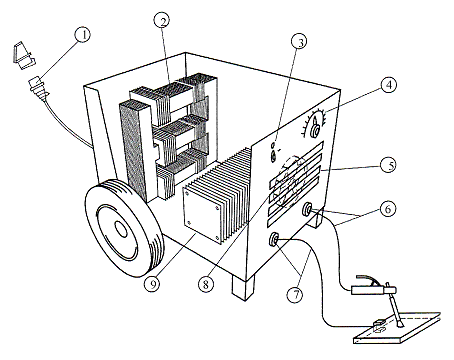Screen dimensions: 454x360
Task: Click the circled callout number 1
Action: (x=83, y=35)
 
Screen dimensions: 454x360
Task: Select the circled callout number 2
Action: (x=162, y=21)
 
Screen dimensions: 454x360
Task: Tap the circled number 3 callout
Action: (x=299, y=42)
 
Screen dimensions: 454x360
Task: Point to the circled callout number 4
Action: (x=389, y=85)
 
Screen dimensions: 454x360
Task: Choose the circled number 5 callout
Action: (x=388, y=165)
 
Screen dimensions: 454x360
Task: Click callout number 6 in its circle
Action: (x=387, y=209)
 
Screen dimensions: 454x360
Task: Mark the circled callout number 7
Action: (x=295, y=295)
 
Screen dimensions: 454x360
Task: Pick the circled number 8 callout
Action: (x=206, y=284)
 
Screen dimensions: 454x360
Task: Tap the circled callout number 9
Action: (x=152, y=284)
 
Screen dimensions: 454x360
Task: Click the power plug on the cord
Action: (x=39, y=88)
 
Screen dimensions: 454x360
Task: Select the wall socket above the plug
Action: (x=23, y=55)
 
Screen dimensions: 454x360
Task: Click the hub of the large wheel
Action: (x=120, y=229)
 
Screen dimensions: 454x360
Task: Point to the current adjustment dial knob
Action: (x=315, y=130)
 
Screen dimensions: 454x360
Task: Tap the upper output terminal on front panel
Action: (x=307, y=210)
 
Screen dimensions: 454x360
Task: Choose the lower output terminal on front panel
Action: (x=274, y=239)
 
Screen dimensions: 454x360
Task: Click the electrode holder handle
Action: (x=367, y=290)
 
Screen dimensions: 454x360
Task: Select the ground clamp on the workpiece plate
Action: (x=379, y=326)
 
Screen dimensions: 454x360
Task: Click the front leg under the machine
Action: (x=243, y=288)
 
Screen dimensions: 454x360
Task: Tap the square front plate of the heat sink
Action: (x=201, y=213)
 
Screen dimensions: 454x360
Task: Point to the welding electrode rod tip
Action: (x=400, y=325)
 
